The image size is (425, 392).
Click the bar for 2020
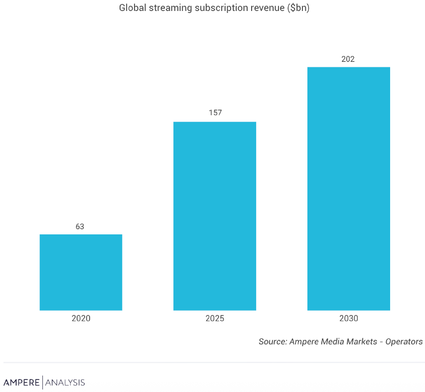[81, 272]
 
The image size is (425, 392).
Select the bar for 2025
[215, 216]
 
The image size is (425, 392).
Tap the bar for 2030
[348, 189]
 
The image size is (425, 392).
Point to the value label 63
[80, 226]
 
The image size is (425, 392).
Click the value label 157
[215, 113]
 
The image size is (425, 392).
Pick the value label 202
[348, 59]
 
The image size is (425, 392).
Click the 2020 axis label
[81, 318]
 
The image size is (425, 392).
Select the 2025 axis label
[215, 318]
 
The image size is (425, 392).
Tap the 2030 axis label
[348, 318]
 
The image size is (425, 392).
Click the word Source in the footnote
[272, 342]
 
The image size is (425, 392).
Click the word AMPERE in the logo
[22, 383]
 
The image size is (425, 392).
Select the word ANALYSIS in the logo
[65, 383]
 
